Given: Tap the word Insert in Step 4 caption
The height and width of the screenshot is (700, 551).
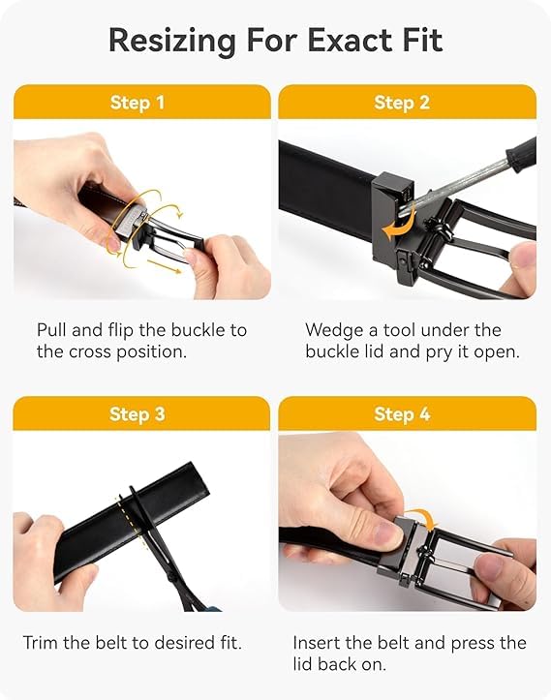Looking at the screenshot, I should point(320,642).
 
